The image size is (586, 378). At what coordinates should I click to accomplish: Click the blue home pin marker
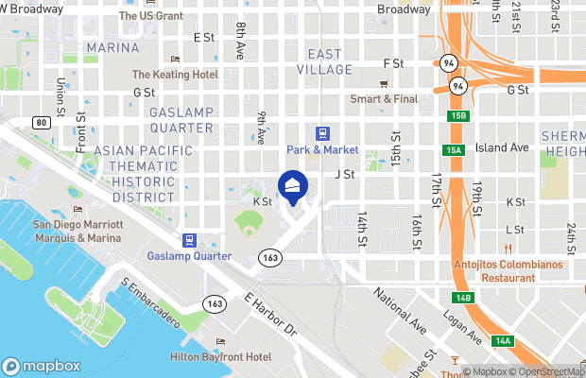(293, 186)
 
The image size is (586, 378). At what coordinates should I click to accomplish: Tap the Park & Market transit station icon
(322, 134)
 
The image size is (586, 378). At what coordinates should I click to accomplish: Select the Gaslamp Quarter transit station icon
(190, 240)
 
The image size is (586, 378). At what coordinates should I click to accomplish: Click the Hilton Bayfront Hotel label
(220, 357)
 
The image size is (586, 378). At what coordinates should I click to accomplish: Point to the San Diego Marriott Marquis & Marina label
(78, 231)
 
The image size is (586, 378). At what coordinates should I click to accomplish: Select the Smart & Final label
(385, 98)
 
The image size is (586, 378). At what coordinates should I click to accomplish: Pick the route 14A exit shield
(503, 340)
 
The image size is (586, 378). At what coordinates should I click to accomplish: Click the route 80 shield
(40, 122)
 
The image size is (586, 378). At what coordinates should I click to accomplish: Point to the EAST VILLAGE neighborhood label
(324, 60)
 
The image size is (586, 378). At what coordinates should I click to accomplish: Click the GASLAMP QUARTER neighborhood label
(181, 120)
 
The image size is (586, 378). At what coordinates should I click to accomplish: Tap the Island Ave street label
(502, 147)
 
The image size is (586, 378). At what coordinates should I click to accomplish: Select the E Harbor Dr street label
(270, 316)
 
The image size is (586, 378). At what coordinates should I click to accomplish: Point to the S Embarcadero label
(150, 302)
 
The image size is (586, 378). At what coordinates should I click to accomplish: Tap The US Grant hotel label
(151, 16)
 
